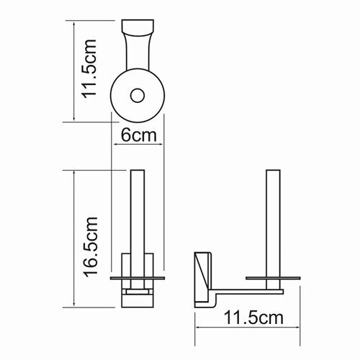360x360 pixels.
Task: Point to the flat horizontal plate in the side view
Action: [273, 276]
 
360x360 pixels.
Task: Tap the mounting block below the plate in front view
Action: [138, 295]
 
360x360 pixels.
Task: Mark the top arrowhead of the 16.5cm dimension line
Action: [73, 173]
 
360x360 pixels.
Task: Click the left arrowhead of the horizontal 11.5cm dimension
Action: [196, 328]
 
